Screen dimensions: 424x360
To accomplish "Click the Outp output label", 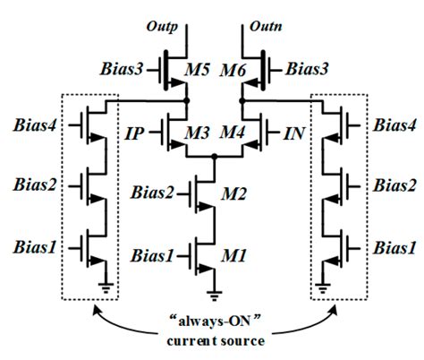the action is click(x=162, y=27).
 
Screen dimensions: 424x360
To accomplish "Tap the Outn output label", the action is click(x=266, y=26).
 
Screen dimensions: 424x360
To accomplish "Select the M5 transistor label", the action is click(x=197, y=71).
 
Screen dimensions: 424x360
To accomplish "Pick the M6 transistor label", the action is click(x=233, y=71).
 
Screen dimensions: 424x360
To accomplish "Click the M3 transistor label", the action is click(x=197, y=133).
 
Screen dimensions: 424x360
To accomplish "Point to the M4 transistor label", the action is click(x=233, y=133).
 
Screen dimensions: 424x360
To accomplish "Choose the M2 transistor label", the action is click(x=233, y=194).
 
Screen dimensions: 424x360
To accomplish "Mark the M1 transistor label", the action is click(x=233, y=256).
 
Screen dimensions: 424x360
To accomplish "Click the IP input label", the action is click(x=134, y=133).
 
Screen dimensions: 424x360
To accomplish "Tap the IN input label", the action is click(x=294, y=133).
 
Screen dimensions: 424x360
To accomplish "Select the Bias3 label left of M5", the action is click(x=122, y=69).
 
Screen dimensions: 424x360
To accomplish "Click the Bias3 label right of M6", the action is click(x=307, y=69).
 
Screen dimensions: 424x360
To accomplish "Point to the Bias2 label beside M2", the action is click(x=152, y=193).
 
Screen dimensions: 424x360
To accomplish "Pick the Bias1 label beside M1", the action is click(x=152, y=256).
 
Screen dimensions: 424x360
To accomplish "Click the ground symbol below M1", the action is click(x=214, y=295).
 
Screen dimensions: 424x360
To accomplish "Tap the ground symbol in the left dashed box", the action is click(x=106, y=287).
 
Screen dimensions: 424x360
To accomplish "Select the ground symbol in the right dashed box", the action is click(x=322, y=287).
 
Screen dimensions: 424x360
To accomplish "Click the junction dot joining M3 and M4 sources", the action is click(x=214, y=157).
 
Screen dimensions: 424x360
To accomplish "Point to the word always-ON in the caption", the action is click(x=215, y=322).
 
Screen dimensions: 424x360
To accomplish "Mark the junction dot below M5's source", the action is click(x=187, y=101).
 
